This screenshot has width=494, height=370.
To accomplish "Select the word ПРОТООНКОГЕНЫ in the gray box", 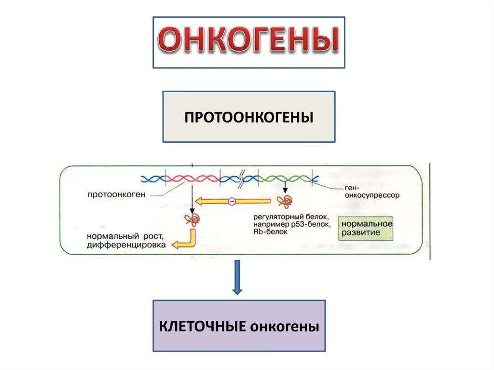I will coord(248,117).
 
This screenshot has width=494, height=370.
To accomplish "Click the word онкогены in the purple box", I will coord(284,326).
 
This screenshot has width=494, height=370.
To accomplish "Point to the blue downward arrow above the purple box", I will coord(237,277).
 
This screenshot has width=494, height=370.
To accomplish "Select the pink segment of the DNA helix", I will coord(192,178).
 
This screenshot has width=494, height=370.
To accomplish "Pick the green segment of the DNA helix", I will coord(285,178).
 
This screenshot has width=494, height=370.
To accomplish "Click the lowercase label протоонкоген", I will coord(116,194).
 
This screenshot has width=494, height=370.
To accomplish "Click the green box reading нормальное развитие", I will coord(366,228).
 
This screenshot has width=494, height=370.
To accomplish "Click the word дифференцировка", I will coord(126,245).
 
